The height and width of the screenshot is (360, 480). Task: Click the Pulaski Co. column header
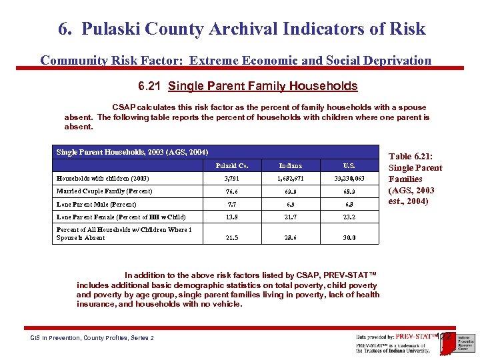[x=232, y=165]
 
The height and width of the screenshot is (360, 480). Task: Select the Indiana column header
[x=291, y=165]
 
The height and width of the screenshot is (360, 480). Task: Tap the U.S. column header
[x=349, y=165]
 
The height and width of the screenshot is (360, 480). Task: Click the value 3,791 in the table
[x=232, y=179]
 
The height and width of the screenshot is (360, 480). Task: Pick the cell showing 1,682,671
[x=291, y=179]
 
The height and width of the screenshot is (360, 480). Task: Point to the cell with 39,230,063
[x=349, y=179]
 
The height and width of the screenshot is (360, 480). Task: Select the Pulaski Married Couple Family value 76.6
[x=232, y=191]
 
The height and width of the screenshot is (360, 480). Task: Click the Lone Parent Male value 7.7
[x=232, y=205]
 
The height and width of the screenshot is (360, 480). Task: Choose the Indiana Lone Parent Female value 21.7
[x=291, y=217]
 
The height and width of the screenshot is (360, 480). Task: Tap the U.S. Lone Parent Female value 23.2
[x=349, y=217]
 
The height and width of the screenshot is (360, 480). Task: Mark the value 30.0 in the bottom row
[x=349, y=237]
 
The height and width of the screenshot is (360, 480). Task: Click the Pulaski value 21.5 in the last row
[x=232, y=237]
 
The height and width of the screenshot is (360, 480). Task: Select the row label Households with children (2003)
[x=103, y=179]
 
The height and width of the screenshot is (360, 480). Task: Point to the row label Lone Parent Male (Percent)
[x=96, y=205]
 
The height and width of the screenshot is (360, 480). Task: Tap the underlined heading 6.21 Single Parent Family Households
[x=247, y=86]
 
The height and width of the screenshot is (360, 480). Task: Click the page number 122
[x=445, y=337]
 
